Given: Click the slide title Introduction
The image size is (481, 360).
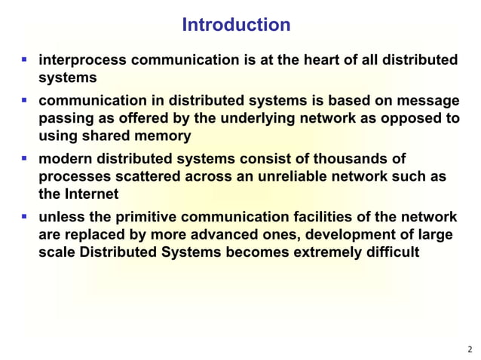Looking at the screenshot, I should (x=236, y=25).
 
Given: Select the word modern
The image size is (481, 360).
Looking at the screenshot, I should (x=66, y=159).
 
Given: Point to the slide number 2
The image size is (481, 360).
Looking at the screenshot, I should (x=470, y=349).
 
